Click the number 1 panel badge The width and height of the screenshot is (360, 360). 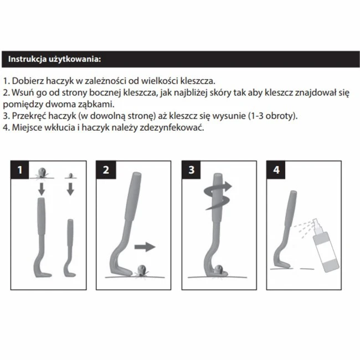(20, 170)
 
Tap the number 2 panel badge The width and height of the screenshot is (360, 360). (106, 170)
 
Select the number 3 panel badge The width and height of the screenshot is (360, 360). (191, 170)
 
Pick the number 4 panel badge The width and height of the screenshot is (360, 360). (276, 170)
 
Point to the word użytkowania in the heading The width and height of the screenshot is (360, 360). (75, 59)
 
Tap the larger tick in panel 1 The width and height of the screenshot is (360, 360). (42, 173)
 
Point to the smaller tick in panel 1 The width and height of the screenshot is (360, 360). (71, 176)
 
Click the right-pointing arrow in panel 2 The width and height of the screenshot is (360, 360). (145, 247)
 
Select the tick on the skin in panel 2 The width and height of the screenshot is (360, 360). (142, 271)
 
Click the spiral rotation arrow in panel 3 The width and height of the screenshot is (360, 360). (218, 196)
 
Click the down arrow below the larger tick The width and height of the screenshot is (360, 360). (42, 189)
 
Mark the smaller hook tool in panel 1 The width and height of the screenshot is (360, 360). (70, 248)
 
